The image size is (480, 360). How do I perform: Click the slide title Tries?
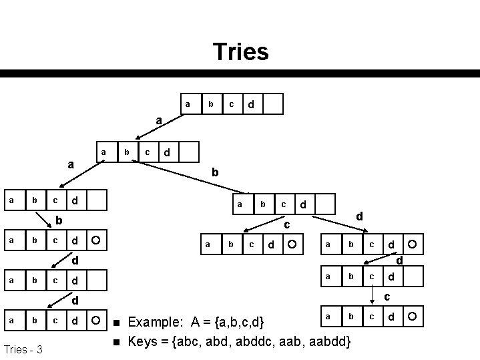pyautogui.click(x=240, y=51)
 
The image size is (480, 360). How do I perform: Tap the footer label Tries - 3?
pyautogui.click(x=24, y=349)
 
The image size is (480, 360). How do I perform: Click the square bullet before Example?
pyautogui.click(x=116, y=324)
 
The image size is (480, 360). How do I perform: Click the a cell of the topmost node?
pyautogui.click(x=189, y=104)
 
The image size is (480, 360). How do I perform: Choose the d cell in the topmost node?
pyautogui.click(x=250, y=104)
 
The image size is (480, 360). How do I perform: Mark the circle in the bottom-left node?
pyautogui.click(x=97, y=321)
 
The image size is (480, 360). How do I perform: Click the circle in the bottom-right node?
pyautogui.click(x=413, y=315)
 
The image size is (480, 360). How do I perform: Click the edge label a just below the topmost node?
pyautogui.click(x=158, y=121)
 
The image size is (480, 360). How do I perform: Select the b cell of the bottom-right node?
pyautogui.click(x=349, y=315)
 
